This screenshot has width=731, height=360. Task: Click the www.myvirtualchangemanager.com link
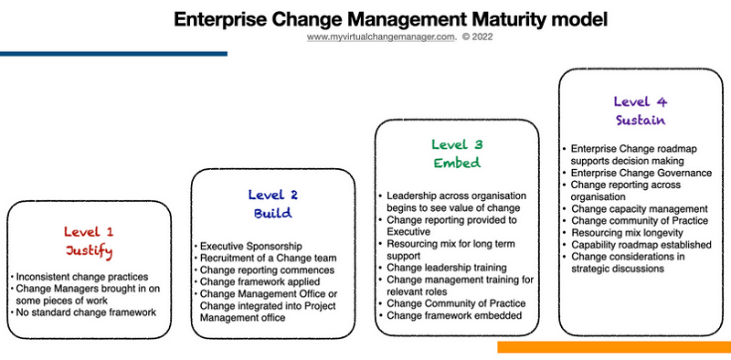pyautogui.click(x=380, y=37)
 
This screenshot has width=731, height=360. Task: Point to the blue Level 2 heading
pyautogui.click(x=272, y=194)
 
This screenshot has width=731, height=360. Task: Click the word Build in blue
pyautogui.click(x=272, y=213)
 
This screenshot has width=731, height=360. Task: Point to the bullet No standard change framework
pyautogui.click(x=85, y=313)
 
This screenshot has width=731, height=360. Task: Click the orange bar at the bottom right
pyautogui.click(x=613, y=347)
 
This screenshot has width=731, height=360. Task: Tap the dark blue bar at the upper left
pyautogui.click(x=113, y=54)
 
